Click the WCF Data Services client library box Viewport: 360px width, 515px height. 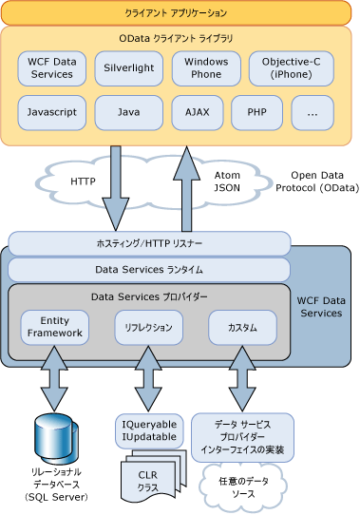click(50, 68)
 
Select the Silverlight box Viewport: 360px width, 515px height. click(128, 68)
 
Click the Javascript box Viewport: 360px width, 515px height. click(50, 112)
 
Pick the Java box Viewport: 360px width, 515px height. click(128, 112)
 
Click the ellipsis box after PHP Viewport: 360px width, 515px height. click(313, 112)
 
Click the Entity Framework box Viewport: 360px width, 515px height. click(55, 328)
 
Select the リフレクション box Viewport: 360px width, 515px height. click(148, 328)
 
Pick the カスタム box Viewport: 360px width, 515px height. click(242, 328)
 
